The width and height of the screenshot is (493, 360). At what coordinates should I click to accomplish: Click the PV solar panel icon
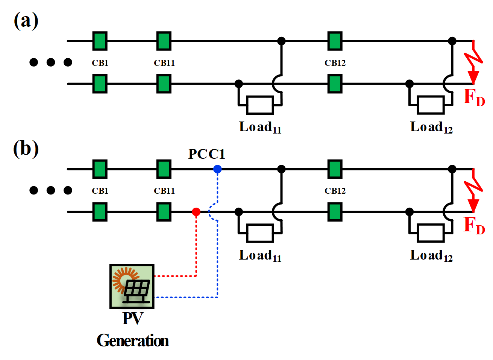(132, 287)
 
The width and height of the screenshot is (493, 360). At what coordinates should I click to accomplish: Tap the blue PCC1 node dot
(217, 169)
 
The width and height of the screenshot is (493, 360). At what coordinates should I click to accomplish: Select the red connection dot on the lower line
(196, 212)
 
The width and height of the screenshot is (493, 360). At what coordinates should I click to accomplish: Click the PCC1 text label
(206, 154)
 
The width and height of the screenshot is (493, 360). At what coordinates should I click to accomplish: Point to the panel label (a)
(26, 20)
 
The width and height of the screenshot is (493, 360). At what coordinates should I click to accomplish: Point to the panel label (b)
(26, 149)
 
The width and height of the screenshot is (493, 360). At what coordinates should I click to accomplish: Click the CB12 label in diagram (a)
(335, 63)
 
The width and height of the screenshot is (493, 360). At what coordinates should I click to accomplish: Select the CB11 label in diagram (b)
(164, 191)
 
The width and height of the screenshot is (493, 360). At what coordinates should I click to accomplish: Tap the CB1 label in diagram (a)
(100, 63)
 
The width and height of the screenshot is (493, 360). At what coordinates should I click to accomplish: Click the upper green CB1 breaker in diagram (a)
(100, 41)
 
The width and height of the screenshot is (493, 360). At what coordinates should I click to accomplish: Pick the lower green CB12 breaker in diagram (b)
(335, 212)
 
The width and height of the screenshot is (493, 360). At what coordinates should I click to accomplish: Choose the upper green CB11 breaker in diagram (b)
(164, 169)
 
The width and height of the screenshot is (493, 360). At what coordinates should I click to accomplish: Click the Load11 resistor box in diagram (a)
(260, 105)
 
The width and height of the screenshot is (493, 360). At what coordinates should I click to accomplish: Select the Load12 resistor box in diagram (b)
(431, 233)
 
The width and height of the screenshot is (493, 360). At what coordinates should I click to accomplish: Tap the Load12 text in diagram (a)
(431, 128)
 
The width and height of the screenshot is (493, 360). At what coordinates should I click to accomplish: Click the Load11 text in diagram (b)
(260, 256)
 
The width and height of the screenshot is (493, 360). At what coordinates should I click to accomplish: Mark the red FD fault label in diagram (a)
(474, 97)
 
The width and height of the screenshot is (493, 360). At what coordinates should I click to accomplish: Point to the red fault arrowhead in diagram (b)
(473, 205)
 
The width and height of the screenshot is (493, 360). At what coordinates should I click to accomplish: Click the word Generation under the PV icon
(133, 341)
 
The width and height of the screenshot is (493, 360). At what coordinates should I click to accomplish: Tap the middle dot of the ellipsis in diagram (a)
(51, 62)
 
